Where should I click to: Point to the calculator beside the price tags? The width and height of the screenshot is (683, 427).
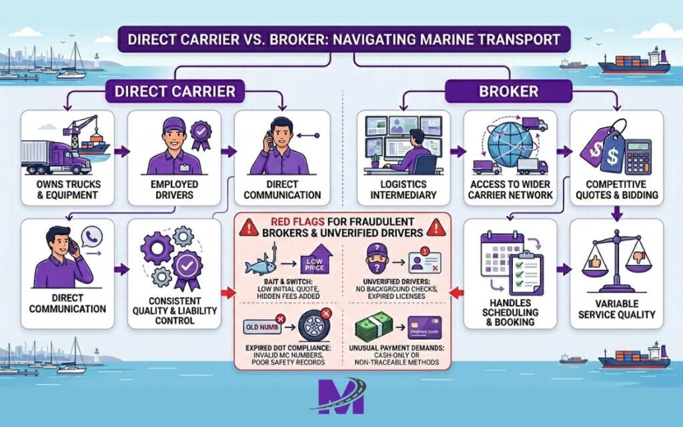click(638, 155)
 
